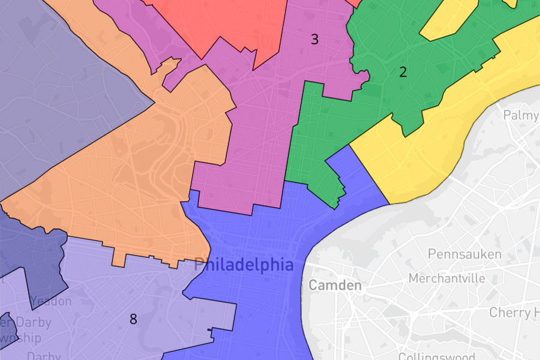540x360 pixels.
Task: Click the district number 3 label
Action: pyautogui.click(x=314, y=40)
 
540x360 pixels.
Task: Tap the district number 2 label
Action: pyautogui.click(x=403, y=73)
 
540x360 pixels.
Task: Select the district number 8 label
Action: pyautogui.click(x=133, y=319)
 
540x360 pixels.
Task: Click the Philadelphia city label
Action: pyautogui.click(x=244, y=265)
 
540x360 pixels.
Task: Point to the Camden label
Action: pyautogui.click(x=335, y=285)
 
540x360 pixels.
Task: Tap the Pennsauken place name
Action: pyautogui.click(x=464, y=254)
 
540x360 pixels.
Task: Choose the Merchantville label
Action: pyautogui.click(x=446, y=278)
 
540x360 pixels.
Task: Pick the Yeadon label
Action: pyautogui.click(x=51, y=301)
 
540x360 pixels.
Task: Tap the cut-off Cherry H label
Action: pyautogui.click(x=514, y=313)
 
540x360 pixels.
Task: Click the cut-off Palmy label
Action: pyautogui.click(x=521, y=115)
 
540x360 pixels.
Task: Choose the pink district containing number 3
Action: pyautogui.click(x=252, y=132)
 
